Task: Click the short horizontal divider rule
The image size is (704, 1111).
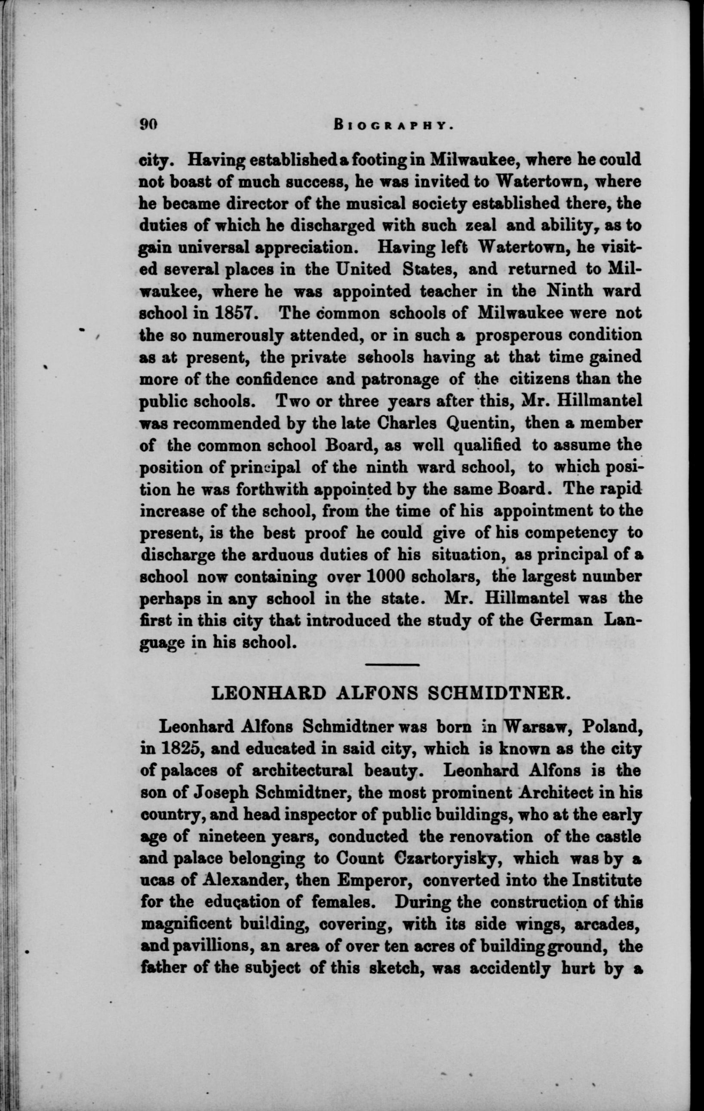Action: click(x=392, y=665)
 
